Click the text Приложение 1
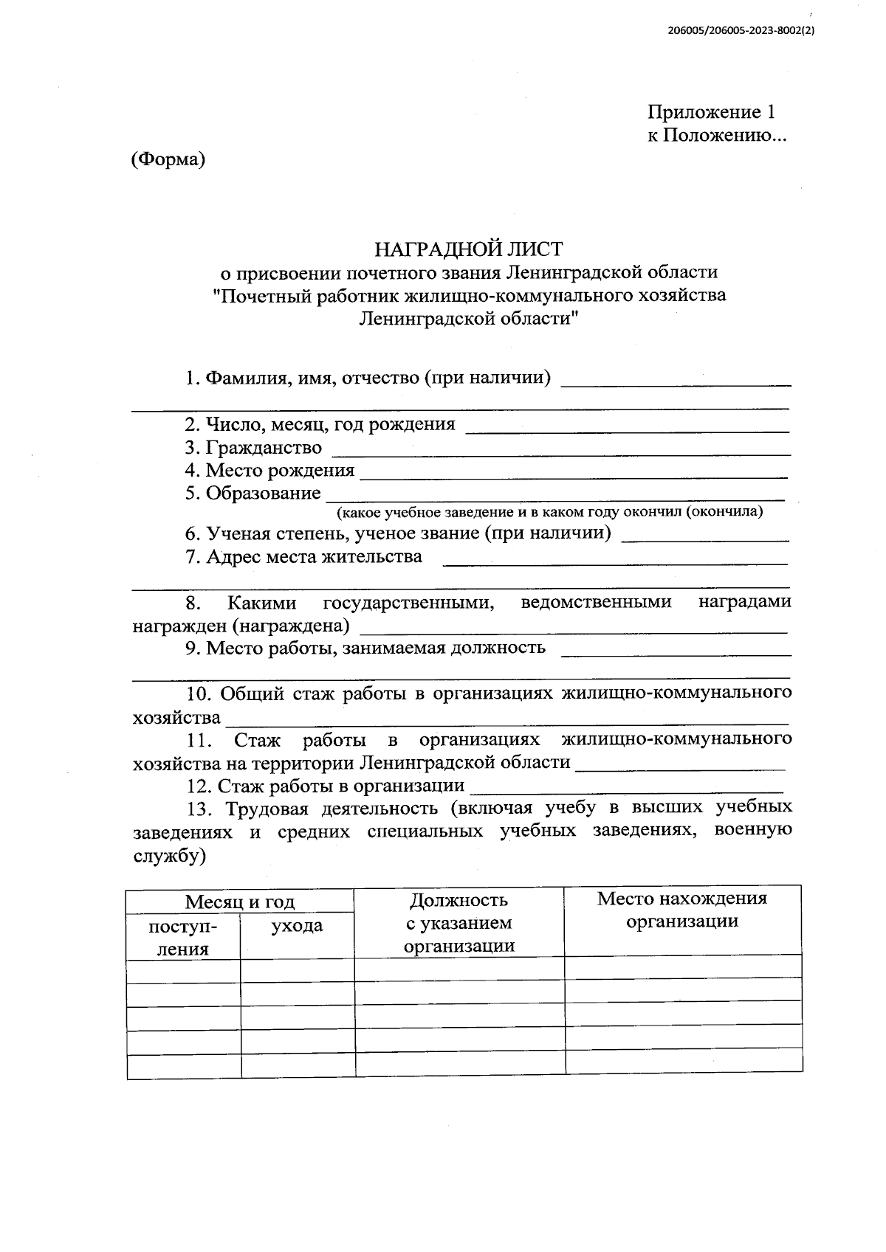click(x=711, y=112)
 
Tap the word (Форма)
click(x=168, y=159)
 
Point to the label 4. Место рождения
click(x=269, y=470)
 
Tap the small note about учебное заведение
click(x=549, y=511)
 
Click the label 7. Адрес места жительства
click(x=304, y=556)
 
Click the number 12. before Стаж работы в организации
click(x=199, y=785)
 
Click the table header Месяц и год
click(x=239, y=902)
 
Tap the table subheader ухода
click(x=297, y=925)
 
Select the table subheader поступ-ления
click(x=183, y=937)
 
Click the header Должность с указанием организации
click(x=459, y=923)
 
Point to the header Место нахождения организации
click(x=681, y=909)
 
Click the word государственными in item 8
click(x=408, y=602)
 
